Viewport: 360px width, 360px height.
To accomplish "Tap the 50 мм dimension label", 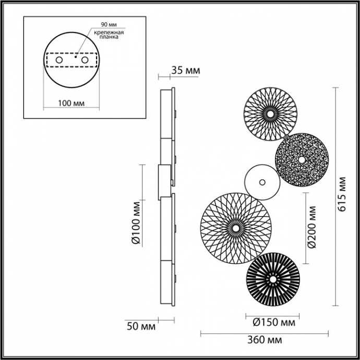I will click(141, 327).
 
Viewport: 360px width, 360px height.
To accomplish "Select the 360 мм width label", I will click(265, 341).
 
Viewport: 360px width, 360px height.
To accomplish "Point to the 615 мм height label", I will click(342, 196).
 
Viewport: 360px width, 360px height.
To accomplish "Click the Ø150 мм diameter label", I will click(272, 322).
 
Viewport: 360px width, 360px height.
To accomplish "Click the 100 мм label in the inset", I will click(69, 103).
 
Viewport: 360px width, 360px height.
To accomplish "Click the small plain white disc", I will click(259, 182).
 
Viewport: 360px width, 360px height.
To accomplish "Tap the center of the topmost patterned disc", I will click(270, 113).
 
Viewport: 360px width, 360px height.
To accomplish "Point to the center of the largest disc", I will click(236, 228).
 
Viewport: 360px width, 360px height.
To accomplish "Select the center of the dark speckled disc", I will click(302, 159).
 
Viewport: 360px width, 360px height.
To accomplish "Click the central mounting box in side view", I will click(163, 182).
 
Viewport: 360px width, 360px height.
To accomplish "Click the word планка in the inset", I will click(110, 38).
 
